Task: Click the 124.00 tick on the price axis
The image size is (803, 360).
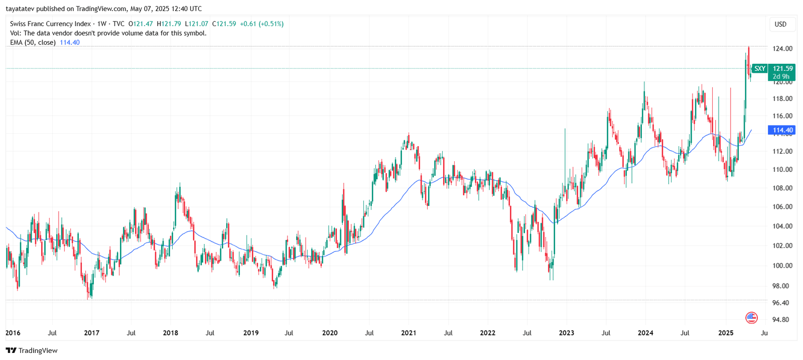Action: click(x=782, y=49)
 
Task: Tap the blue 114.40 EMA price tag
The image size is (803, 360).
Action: click(x=782, y=130)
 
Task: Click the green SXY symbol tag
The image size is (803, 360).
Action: click(x=759, y=69)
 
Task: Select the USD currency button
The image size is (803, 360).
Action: click(x=780, y=24)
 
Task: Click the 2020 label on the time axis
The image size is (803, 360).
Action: click(x=330, y=333)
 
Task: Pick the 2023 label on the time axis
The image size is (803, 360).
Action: click(x=566, y=333)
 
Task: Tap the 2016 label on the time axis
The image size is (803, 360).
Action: click(x=13, y=333)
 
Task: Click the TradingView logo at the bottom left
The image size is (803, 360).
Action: click(x=32, y=350)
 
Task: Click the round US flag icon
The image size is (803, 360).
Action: click(x=751, y=317)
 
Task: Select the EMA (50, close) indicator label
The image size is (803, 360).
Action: click(x=33, y=43)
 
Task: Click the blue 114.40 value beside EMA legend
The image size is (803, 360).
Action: click(x=70, y=43)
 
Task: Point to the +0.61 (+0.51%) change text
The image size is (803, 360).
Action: click(x=261, y=24)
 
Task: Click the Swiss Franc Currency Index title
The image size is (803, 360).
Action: click(x=50, y=24)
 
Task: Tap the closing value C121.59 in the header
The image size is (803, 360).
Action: click(x=224, y=24)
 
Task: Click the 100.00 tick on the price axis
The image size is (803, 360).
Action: click(x=782, y=266)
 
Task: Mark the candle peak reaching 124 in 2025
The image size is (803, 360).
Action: click(x=748, y=48)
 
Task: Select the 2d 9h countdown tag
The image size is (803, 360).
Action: click(x=781, y=77)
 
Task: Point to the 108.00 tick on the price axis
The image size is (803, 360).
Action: click(x=782, y=188)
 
